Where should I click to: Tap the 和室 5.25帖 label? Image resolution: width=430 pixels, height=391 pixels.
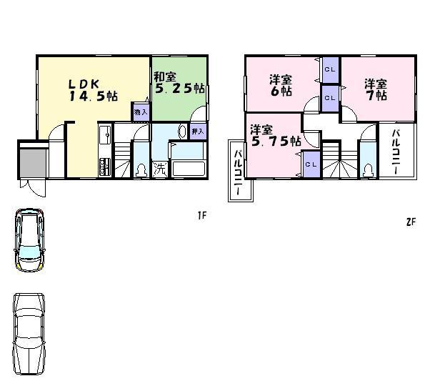point(179,82)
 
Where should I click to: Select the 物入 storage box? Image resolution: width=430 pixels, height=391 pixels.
point(141,112)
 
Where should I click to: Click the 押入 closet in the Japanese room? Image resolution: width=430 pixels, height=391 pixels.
point(199,131)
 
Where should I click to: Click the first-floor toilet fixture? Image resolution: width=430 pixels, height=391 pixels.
point(141,170)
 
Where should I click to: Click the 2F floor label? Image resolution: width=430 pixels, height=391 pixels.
point(410,221)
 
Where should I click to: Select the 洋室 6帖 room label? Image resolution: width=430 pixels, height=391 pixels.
point(281,84)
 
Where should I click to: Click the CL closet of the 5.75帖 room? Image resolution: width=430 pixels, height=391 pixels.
point(310,164)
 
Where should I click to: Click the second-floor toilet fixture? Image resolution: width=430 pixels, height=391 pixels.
point(368,169)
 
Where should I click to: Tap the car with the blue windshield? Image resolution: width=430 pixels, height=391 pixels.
point(29,240)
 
